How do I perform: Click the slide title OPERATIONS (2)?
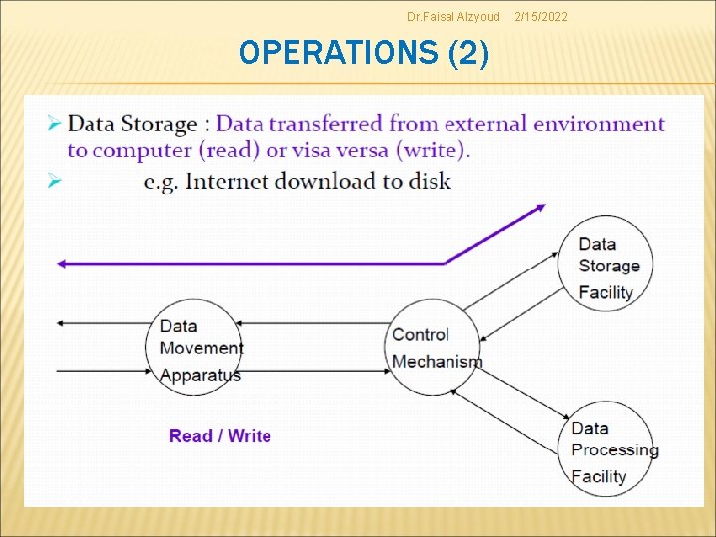364,52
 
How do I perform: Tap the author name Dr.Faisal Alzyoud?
453,16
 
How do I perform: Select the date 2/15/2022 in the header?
541,16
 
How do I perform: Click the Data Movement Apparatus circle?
196,347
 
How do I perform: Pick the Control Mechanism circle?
435,347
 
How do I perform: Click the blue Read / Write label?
220,436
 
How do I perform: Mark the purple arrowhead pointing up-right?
539,208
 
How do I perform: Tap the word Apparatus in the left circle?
200,375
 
